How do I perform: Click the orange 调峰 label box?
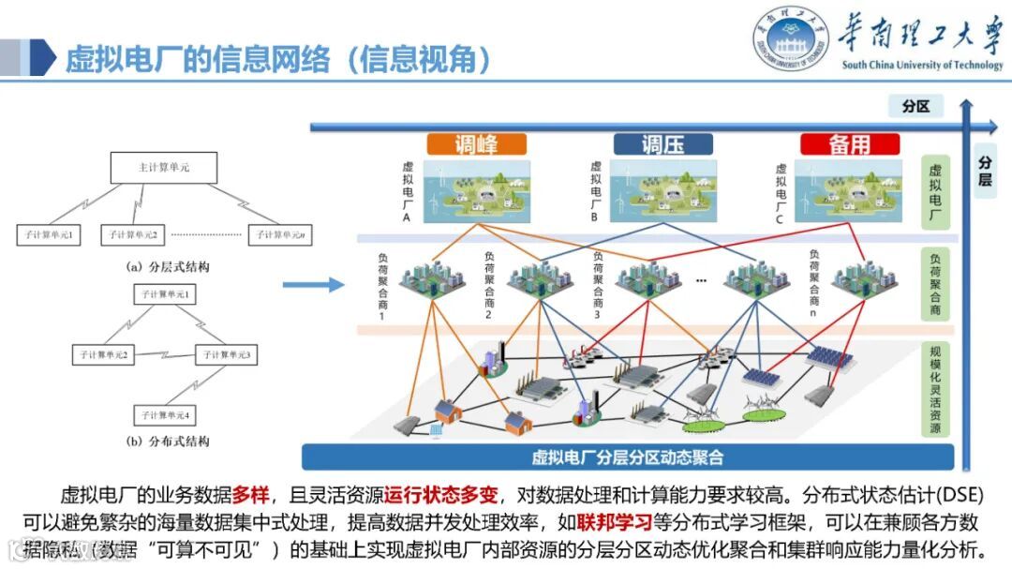tap(476, 144)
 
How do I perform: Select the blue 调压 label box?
tap(662, 144)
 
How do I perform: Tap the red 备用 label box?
tap(849, 144)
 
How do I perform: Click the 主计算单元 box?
tap(164, 168)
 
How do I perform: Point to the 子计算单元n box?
tap(279, 234)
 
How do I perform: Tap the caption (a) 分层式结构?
tap(168, 266)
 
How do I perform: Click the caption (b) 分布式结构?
tap(168, 441)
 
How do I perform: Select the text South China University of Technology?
tap(922, 66)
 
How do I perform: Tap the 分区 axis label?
tap(915, 106)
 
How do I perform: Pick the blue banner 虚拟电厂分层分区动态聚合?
tap(627, 457)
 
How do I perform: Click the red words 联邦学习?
tap(614, 521)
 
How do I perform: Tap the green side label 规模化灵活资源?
tap(934, 388)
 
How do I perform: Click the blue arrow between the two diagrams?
tap(313, 284)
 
